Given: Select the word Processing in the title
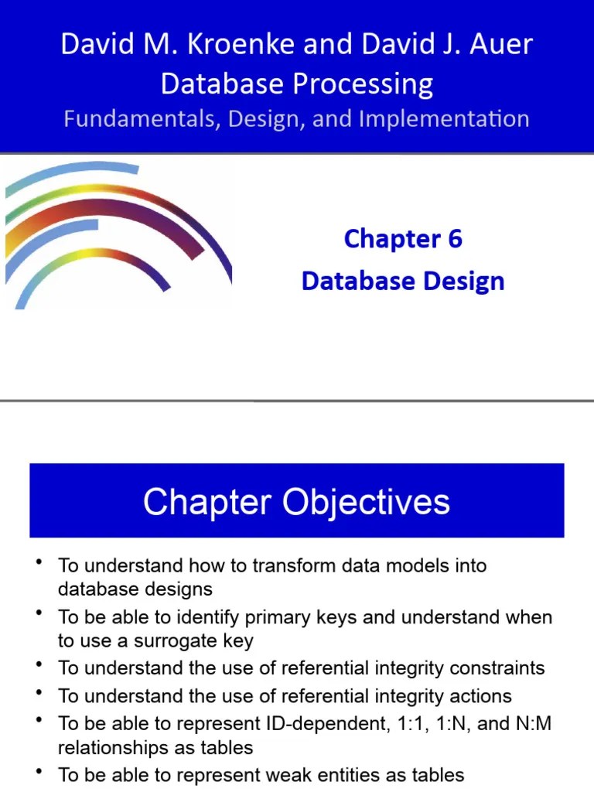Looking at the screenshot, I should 365,84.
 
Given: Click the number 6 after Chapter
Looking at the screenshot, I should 454,239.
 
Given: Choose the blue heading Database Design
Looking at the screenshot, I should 403,281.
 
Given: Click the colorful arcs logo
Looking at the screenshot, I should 116,232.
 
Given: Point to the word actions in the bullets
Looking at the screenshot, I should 482,696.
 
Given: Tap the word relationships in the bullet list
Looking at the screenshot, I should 110,749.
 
